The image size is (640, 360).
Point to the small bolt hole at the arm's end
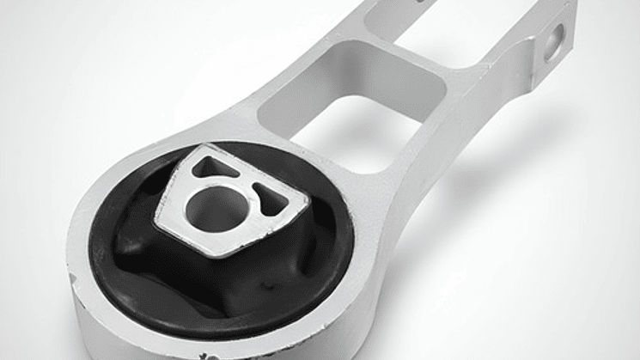coord(557,38)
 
